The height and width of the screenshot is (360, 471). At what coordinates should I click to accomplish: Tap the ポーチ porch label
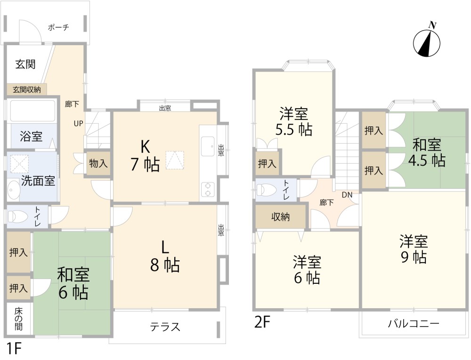[58, 28]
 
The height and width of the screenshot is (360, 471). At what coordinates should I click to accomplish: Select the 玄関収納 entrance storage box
[27, 89]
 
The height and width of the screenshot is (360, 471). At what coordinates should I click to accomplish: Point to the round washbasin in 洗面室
[13, 190]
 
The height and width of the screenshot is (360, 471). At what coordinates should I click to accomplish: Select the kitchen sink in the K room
[208, 147]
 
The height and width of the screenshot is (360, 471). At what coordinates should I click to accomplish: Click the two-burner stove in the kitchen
[208, 189]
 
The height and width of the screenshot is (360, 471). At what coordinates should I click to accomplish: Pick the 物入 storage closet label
[98, 163]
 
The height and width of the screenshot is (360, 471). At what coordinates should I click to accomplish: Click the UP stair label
[78, 123]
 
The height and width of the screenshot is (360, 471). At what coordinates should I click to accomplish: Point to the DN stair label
[347, 195]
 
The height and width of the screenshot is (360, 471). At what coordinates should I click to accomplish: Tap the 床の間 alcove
[19, 319]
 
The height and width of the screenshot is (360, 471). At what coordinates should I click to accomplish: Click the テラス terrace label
[165, 327]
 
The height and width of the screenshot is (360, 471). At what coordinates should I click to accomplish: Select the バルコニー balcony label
[414, 324]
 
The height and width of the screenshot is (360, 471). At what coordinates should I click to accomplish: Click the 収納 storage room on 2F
[281, 216]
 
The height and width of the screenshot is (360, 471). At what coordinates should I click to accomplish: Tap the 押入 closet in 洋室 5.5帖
[267, 163]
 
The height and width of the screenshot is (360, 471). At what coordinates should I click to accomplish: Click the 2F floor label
[262, 322]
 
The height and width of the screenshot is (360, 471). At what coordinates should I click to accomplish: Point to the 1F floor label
[14, 348]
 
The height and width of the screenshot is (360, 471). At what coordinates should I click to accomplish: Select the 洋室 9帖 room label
[414, 249]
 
